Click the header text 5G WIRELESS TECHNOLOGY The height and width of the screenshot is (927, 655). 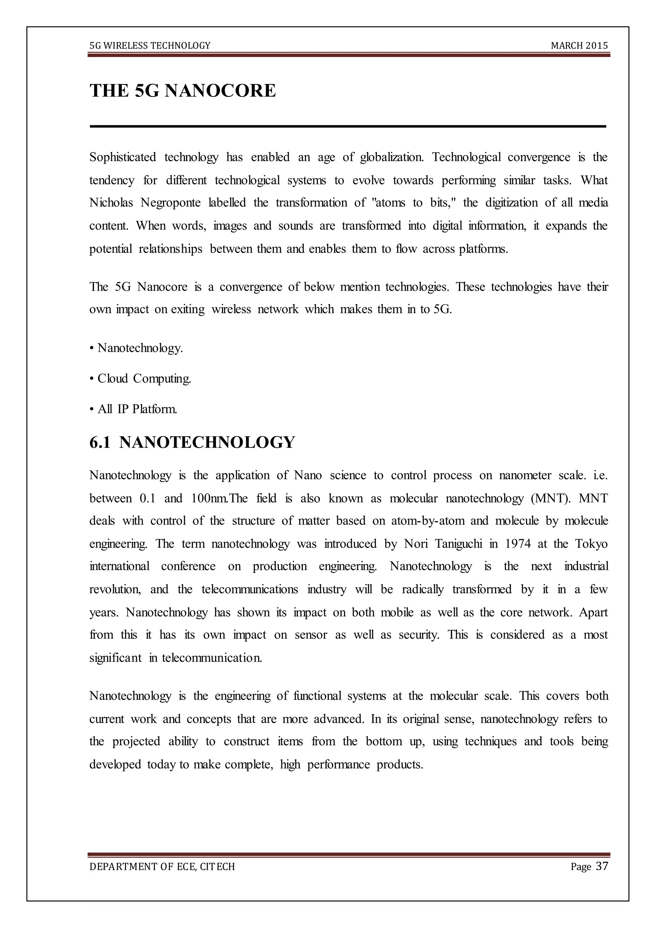pos(150,46)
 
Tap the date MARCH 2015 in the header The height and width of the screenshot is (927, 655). pos(579,46)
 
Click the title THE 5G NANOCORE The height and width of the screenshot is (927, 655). pos(183,90)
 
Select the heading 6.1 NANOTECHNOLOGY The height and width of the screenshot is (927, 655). pos(192,442)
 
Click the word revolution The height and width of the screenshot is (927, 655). pos(115,589)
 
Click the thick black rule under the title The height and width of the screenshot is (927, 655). pos(348,126)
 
